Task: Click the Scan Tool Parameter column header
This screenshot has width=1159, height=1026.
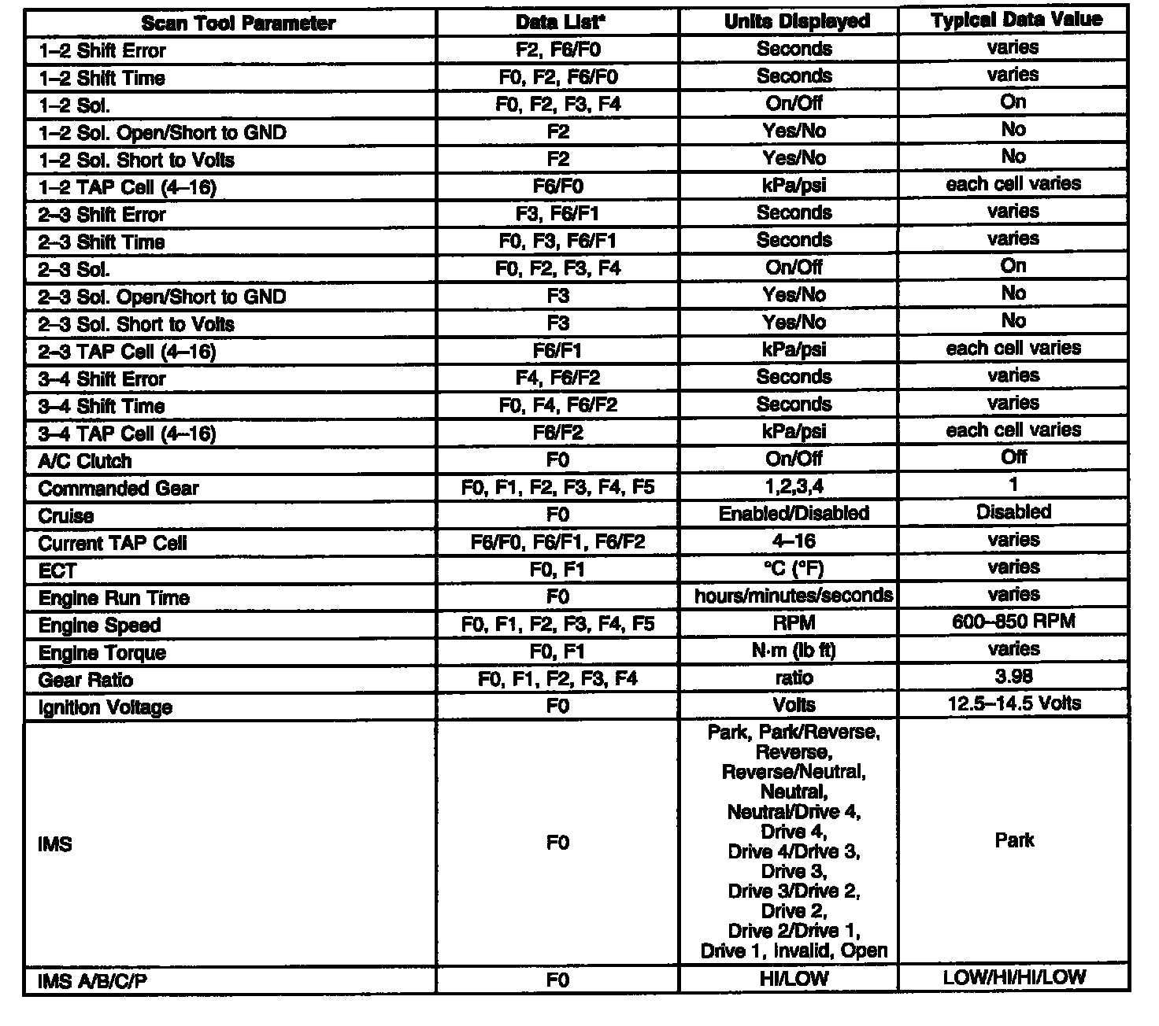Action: point(238,23)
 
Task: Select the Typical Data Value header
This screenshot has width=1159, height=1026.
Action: point(1016,20)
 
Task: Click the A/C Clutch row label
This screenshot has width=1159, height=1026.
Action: point(85,461)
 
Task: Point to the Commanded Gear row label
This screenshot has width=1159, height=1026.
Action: point(118,489)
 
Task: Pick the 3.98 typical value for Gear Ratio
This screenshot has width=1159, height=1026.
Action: point(1013,676)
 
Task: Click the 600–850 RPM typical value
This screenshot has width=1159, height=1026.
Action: point(1013,622)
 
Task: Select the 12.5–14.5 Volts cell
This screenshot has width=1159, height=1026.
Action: point(1014,703)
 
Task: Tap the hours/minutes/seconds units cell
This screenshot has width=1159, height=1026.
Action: point(794,596)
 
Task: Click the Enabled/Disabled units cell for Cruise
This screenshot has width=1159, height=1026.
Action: point(794,514)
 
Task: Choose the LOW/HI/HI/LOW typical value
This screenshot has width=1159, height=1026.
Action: point(1014,978)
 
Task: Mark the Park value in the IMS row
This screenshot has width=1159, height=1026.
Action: point(1014,840)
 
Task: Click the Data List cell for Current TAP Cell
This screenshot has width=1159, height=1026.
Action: point(557,542)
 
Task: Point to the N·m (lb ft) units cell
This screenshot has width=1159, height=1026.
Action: point(794,651)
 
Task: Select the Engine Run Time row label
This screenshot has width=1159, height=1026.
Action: point(114,598)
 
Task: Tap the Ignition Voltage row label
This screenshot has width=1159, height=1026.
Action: point(106,707)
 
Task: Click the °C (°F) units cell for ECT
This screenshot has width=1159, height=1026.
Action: point(794,569)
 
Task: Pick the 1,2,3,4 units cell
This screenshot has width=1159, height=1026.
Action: point(794,487)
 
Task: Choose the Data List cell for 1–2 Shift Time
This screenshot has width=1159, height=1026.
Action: point(557,77)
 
